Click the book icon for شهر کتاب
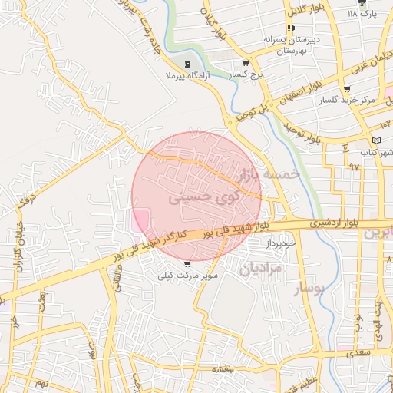375,141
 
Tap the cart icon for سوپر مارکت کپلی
188,264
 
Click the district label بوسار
310,288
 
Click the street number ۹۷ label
355,166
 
